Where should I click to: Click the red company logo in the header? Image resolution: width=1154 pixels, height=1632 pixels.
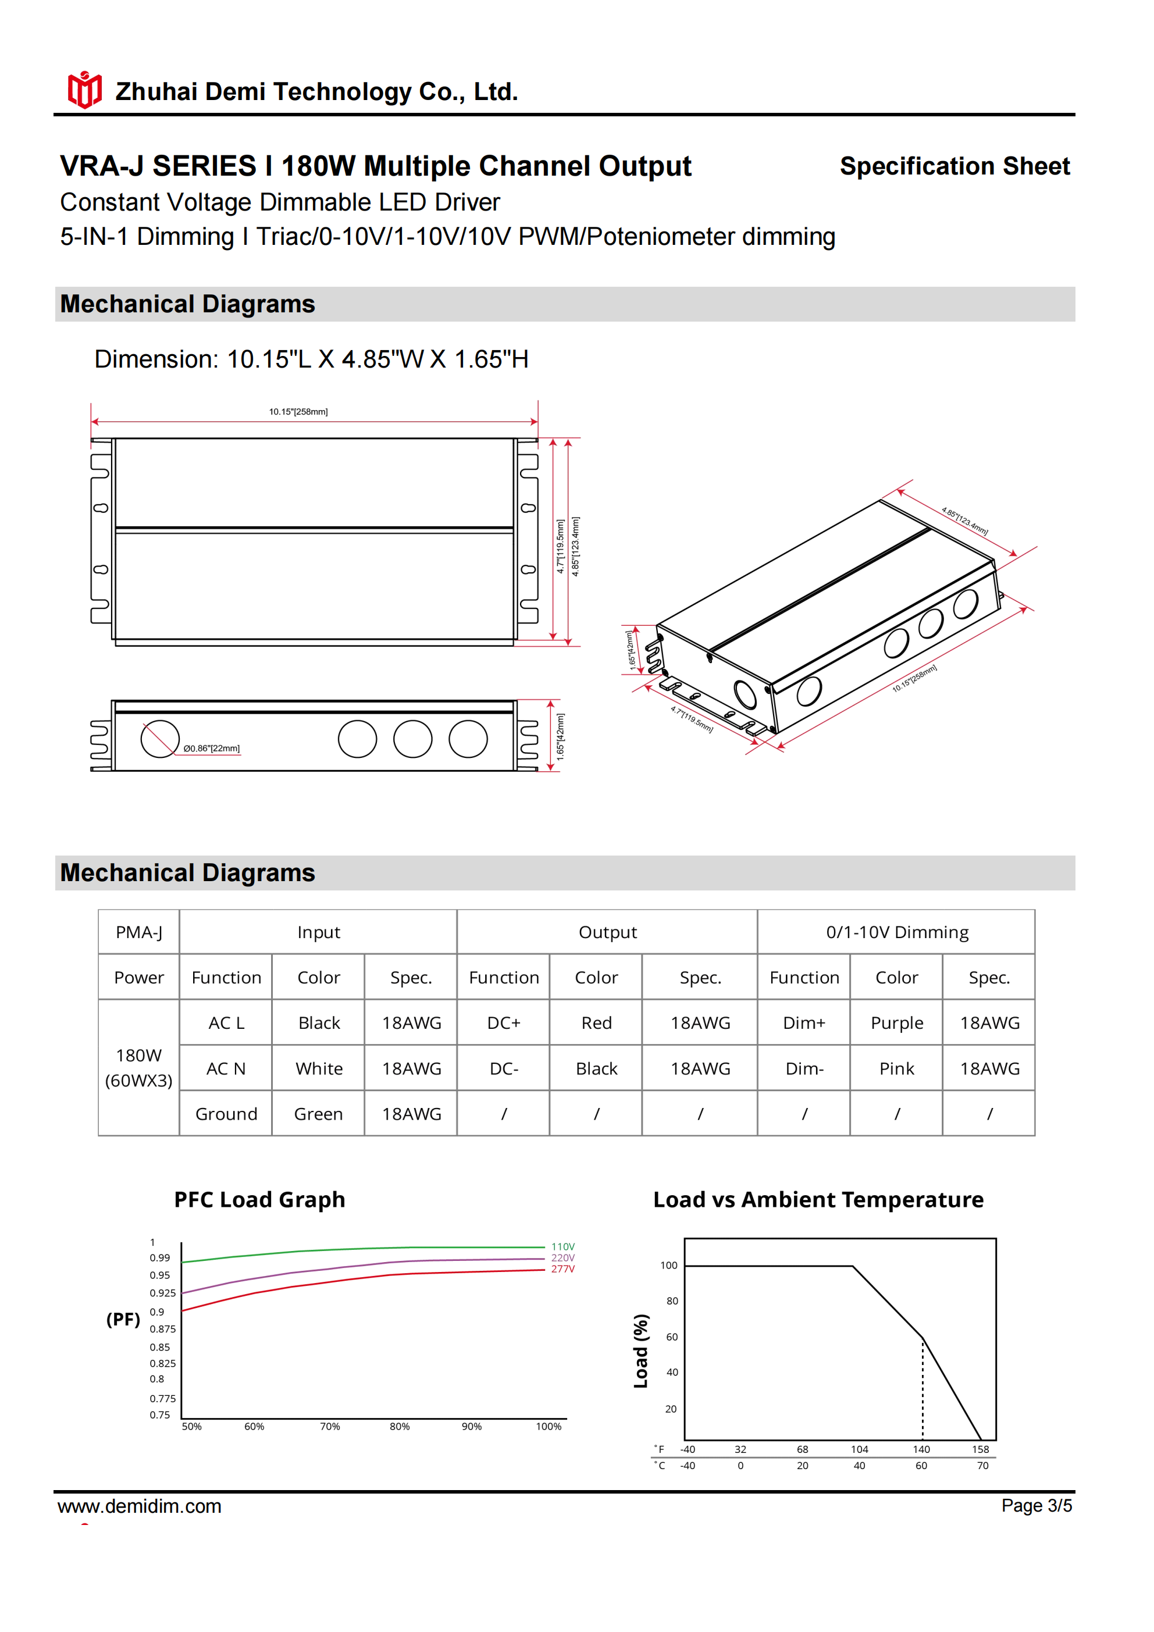84,90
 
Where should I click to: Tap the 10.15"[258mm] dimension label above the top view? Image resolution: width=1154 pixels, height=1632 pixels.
298,412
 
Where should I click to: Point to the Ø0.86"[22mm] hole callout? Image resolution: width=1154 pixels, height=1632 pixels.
211,749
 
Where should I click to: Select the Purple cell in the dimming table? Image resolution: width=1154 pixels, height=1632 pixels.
896,1023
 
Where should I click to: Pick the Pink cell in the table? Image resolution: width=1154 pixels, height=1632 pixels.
896,1068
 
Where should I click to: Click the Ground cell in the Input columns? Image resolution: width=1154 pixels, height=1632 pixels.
226,1114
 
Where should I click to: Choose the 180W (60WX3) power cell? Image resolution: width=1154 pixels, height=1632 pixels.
138,1068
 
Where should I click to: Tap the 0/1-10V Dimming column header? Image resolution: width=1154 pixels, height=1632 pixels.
896,932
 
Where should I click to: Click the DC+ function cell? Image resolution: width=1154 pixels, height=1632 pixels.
503,1023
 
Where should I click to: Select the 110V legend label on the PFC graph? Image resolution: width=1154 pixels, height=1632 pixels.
562,1247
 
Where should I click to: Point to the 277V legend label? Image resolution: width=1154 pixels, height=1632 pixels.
562,1268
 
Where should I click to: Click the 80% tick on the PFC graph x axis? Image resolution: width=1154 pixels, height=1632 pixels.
400,1427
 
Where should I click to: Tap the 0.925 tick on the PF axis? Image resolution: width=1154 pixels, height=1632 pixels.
162,1293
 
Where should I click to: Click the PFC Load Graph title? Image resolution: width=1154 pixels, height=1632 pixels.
259,1200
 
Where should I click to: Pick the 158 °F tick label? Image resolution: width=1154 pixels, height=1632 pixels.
981,1449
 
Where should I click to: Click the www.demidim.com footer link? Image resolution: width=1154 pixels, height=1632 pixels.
140,1506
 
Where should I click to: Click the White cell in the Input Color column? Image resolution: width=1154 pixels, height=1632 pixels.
319,1068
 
